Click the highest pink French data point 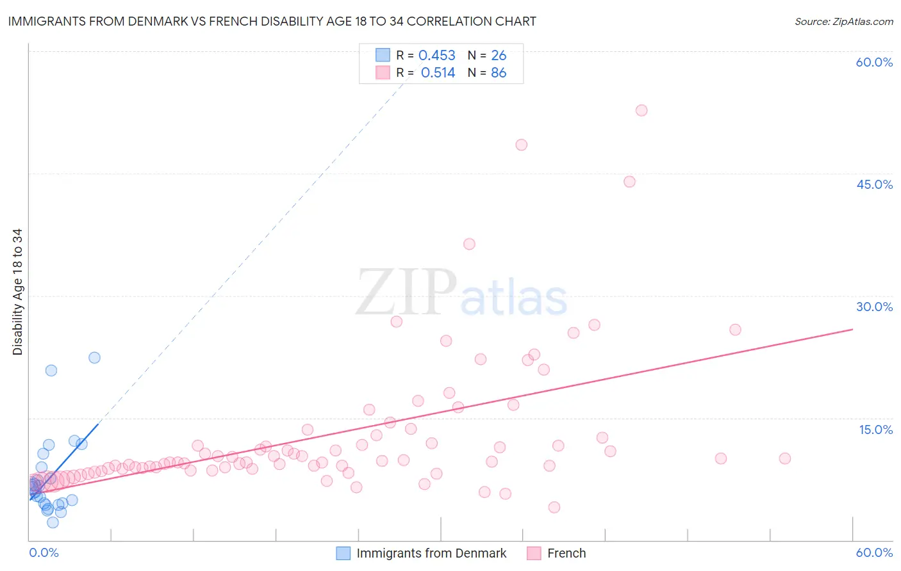point(641,110)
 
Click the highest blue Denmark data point point(94,358)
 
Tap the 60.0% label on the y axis point(874,62)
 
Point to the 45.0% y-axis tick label point(874,184)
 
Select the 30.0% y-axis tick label point(874,307)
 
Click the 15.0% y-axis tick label point(875,430)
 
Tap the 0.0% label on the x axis point(44,552)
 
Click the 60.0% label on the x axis point(874,552)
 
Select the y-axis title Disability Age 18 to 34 point(17,292)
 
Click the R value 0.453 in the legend point(436,56)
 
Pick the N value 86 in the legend point(499,73)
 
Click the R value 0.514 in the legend point(438,73)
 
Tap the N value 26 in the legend point(499,56)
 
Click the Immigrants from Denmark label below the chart point(431,553)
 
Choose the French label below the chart point(566,553)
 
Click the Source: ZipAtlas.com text point(843,22)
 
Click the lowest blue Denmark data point point(53,522)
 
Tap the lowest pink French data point point(554,507)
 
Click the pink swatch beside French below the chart point(534,553)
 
